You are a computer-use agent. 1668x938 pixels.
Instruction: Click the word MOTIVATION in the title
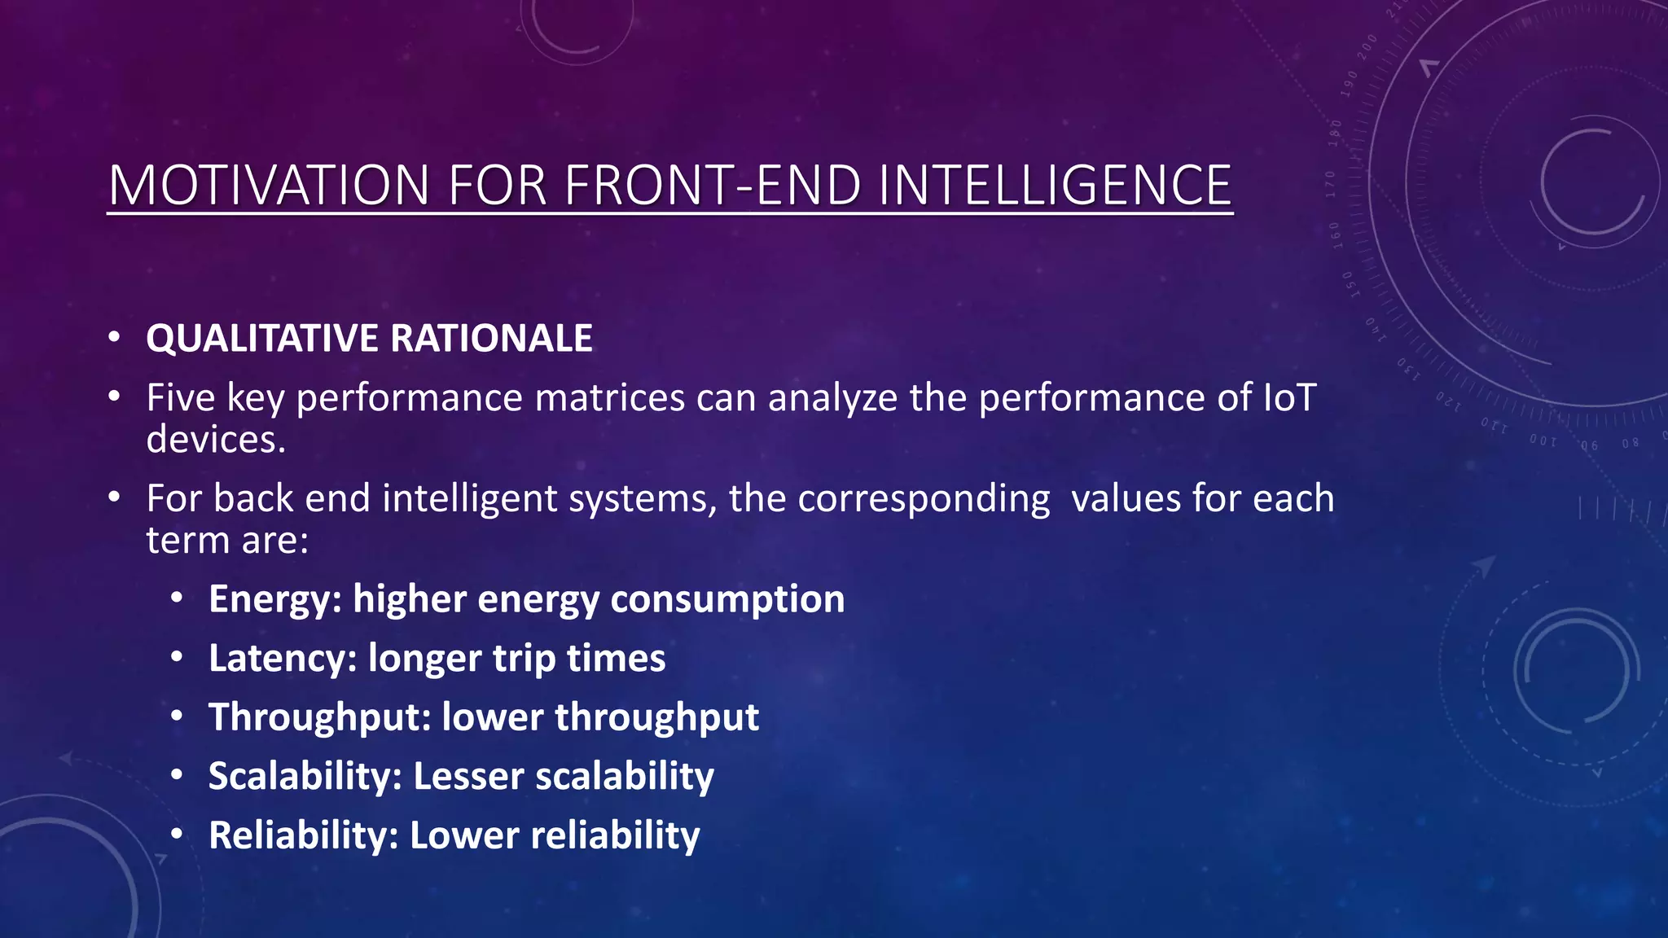point(270,186)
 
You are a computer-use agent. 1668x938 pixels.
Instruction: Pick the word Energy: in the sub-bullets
point(275,600)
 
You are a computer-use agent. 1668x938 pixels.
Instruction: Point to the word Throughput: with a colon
point(319,718)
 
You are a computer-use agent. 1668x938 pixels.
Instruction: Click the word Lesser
point(468,777)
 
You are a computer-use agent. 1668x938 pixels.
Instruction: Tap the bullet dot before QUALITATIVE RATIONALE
point(114,337)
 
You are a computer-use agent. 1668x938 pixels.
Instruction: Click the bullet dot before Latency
point(177,657)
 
